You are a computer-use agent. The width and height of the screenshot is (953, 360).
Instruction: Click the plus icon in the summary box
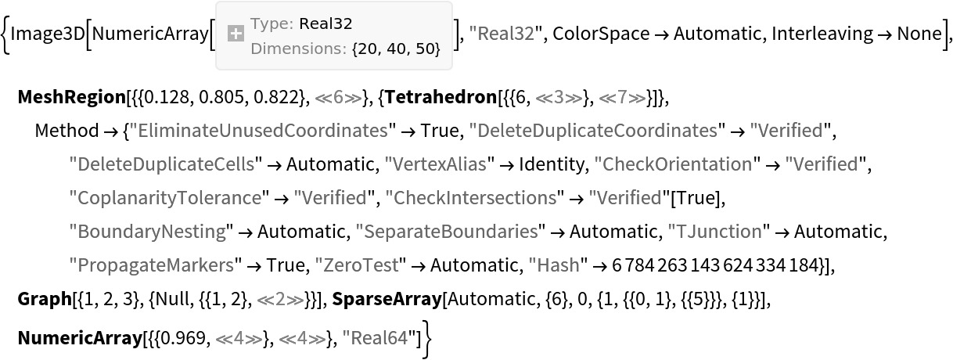[x=235, y=34]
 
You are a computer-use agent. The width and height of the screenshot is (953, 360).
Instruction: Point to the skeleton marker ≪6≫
[x=338, y=98]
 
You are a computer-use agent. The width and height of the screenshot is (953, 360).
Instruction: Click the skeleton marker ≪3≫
[x=559, y=98]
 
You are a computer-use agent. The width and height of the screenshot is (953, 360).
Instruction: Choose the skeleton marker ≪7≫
[x=622, y=98]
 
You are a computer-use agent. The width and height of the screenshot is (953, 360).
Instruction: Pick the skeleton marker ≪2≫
[x=280, y=299]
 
